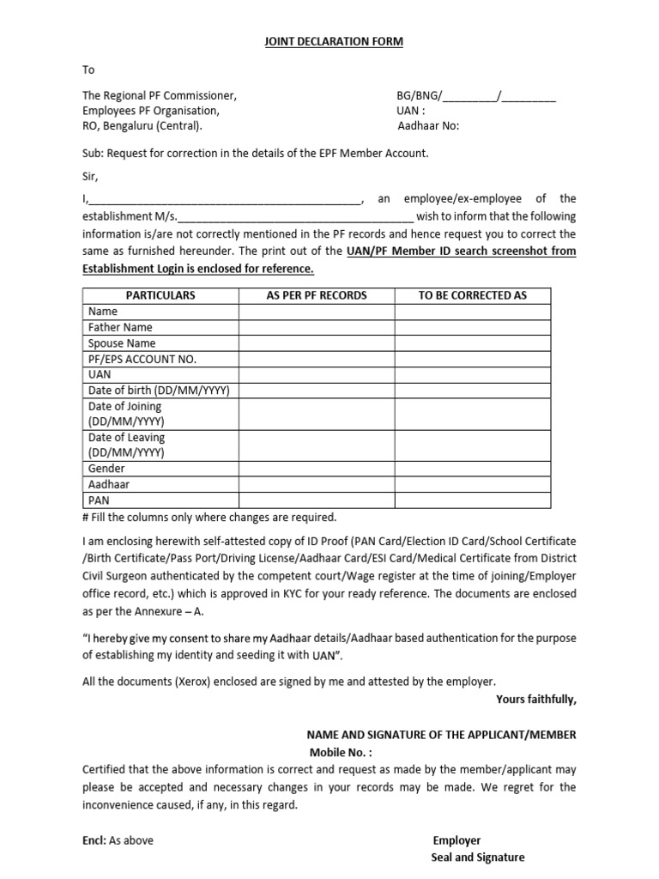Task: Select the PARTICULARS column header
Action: point(160,295)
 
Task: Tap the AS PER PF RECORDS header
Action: point(317,295)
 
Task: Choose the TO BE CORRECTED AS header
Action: point(472,295)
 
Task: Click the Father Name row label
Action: point(120,327)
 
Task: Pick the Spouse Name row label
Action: point(122,343)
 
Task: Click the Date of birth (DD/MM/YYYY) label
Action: point(159,391)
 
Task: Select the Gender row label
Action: point(106,469)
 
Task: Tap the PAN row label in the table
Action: point(99,500)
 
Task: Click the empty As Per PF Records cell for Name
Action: point(317,312)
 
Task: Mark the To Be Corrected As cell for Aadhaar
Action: point(472,484)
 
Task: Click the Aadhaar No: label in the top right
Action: point(428,126)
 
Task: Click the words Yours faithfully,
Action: point(535,699)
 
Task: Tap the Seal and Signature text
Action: point(477,857)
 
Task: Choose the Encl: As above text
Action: point(118,840)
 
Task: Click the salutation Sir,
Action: point(91,177)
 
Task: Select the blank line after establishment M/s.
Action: point(296,217)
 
